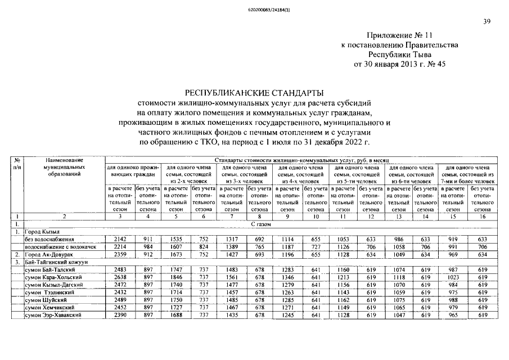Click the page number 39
(487, 22)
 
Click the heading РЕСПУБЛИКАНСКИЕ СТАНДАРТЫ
(254, 92)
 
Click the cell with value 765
(259, 247)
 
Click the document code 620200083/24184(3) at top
(254, 10)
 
